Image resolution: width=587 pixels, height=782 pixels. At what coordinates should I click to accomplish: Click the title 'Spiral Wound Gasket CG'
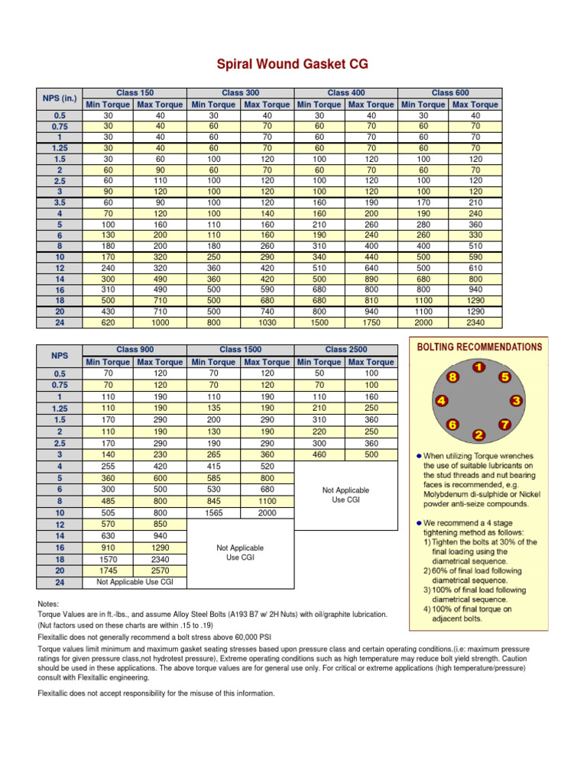click(293, 65)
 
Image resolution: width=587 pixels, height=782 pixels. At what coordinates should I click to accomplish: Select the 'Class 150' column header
click(135, 92)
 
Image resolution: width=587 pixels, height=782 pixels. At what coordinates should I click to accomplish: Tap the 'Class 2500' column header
click(345, 349)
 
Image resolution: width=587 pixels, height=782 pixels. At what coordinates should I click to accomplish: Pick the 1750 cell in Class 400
click(371, 323)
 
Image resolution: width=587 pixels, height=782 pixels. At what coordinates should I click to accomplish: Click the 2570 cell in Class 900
click(160, 570)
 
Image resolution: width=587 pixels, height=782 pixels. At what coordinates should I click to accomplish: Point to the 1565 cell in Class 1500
click(213, 512)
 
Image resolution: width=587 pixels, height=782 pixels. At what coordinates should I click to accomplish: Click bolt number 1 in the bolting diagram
click(478, 368)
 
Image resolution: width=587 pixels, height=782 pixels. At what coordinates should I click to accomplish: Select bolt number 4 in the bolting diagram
click(441, 401)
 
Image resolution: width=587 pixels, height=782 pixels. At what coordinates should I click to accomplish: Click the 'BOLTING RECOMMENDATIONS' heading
click(479, 347)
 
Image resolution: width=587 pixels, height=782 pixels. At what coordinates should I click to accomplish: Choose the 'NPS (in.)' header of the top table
click(60, 98)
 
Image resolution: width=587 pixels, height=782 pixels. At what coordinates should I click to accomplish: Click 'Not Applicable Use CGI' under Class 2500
click(345, 495)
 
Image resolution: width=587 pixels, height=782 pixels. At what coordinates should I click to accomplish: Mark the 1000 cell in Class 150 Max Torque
click(160, 323)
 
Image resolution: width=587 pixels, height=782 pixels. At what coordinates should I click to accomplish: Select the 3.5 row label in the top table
click(60, 204)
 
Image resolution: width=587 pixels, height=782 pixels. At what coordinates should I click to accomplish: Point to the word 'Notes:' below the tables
click(48, 604)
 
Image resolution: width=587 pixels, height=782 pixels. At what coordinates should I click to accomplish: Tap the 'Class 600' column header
click(450, 92)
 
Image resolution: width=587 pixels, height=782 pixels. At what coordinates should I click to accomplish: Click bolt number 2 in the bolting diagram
click(478, 435)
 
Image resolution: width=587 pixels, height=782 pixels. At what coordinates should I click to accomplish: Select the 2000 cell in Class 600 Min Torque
click(423, 323)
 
